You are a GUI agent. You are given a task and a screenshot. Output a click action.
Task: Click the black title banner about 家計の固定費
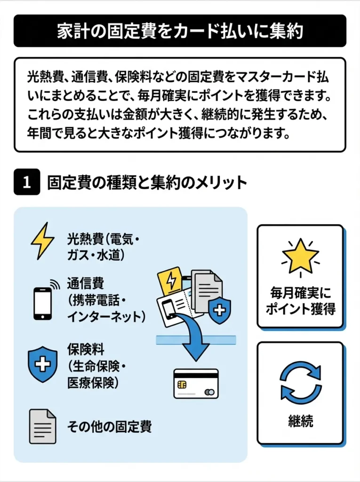(x=180, y=31)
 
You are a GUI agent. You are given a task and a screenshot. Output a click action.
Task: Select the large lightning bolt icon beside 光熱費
(x=42, y=241)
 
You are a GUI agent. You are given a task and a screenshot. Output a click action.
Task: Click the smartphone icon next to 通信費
(x=42, y=304)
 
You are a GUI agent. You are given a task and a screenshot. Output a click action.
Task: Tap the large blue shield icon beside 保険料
(x=42, y=364)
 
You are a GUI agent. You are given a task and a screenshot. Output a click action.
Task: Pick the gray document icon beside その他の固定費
(x=42, y=426)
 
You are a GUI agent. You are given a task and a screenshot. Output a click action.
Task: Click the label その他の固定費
(x=109, y=426)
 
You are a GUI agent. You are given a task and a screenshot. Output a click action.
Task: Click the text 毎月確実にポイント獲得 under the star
(x=300, y=301)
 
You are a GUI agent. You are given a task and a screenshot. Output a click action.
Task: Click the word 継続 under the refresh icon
(x=300, y=420)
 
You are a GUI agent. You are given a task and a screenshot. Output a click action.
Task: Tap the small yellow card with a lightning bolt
(x=171, y=281)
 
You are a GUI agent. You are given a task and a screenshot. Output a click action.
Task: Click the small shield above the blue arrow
(x=219, y=310)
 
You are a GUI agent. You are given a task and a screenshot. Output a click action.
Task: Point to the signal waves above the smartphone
(x=55, y=284)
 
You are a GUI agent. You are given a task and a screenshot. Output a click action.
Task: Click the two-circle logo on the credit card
(x=210, y=392)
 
